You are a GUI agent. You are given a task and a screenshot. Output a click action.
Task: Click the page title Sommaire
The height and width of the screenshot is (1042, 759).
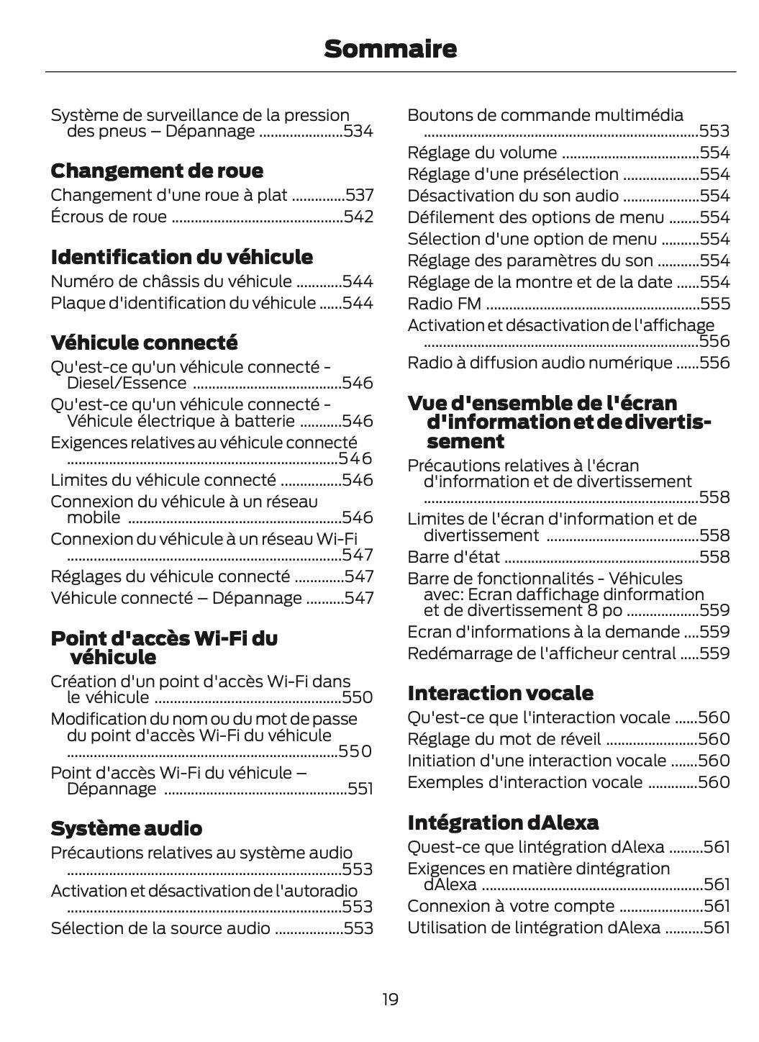pos(390,49)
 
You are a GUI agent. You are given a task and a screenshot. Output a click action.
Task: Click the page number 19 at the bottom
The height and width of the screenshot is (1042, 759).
pos(390,999)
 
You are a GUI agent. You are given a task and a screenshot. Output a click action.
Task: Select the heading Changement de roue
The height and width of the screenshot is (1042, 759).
pos(157,171)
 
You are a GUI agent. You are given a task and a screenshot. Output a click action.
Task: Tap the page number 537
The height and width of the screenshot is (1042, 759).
pos(359,195)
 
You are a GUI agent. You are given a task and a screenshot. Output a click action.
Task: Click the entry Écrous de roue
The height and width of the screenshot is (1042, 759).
pos(109,217)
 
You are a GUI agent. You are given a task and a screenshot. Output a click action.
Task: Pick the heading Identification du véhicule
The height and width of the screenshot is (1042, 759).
pos(181,257)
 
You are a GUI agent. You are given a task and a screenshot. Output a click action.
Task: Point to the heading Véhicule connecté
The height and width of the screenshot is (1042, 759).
pos(144,342)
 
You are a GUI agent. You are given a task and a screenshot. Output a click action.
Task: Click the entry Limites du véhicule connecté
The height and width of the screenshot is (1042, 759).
pos(163,480)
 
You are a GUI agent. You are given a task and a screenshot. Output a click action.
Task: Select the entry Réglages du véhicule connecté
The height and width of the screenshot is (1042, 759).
pos(170,576)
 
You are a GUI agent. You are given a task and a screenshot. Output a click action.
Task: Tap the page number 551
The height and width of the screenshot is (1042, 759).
pos(360,789)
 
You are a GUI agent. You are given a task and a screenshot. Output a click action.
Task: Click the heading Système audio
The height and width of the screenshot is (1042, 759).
pos(126,828)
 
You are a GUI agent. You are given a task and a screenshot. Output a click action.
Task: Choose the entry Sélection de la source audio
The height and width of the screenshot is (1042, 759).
pos(160,928)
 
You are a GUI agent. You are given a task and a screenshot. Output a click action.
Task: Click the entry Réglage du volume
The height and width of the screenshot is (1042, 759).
pos(482,153)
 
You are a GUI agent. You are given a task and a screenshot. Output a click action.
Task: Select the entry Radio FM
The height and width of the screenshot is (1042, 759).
pos(444,304)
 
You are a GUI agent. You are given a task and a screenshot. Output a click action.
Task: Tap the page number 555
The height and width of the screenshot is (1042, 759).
pos(715,304)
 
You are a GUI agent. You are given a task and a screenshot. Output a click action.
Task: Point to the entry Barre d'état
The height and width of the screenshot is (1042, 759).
pos(453,557)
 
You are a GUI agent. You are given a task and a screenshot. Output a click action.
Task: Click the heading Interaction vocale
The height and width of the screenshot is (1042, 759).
pos(500,693)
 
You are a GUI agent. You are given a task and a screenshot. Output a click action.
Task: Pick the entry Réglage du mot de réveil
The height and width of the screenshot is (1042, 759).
pos(504,739)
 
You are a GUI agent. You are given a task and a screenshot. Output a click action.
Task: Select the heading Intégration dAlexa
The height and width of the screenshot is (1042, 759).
pos(503,823)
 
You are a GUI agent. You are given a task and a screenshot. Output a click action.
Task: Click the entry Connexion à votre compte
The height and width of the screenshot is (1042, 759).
pos(511,906)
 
